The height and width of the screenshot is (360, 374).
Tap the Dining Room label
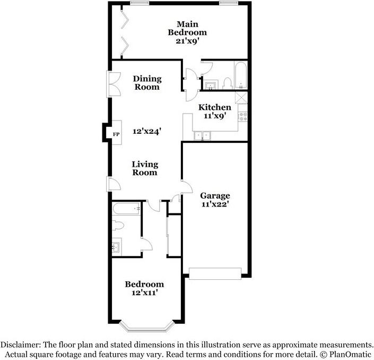147,83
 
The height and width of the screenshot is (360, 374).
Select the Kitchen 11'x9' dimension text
215,116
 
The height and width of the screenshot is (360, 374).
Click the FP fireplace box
115,134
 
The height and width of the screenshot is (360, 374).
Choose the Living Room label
145,168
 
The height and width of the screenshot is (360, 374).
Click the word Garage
215,195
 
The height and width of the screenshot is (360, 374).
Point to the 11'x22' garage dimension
215,204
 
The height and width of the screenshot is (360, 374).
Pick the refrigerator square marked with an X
241,98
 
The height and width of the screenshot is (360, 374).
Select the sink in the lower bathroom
117,246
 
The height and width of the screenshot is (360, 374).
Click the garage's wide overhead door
215,273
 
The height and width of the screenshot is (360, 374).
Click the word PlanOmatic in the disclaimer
349,354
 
